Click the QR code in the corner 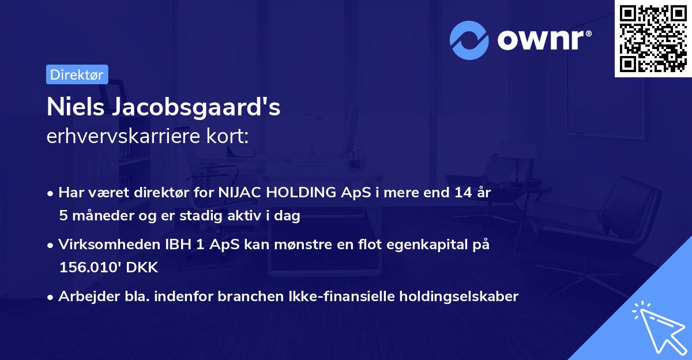pos(653,39)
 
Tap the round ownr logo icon pos(469,40)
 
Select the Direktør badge pos(77,74)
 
